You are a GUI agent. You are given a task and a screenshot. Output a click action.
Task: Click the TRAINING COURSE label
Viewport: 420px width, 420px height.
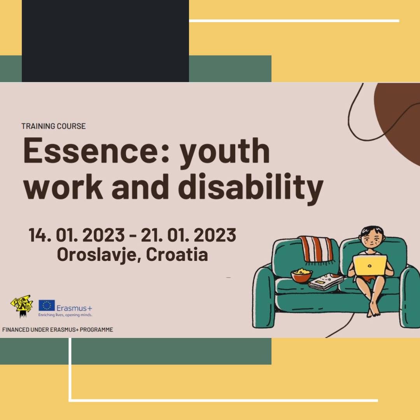pyautogui.click(x=54, y=126)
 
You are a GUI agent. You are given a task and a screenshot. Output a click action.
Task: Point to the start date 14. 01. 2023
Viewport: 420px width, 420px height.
pyautogui.click(x=77, y=235)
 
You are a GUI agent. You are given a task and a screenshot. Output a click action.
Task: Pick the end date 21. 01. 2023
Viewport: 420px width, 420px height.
pyautogui.click(x=188, y=235)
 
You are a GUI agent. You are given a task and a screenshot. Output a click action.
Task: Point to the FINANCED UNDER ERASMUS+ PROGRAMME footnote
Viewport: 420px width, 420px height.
pyautogui.click(x=58, y=330)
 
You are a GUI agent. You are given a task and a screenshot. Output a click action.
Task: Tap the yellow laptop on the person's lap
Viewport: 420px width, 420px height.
pyautogui.click(x=369, y=265)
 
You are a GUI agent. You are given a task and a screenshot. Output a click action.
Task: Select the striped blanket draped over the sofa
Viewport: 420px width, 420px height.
pyautogui.click(x=316, y=249)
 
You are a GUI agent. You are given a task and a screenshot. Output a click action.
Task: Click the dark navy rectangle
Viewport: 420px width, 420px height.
pyautogui.click(x=105, y=41)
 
